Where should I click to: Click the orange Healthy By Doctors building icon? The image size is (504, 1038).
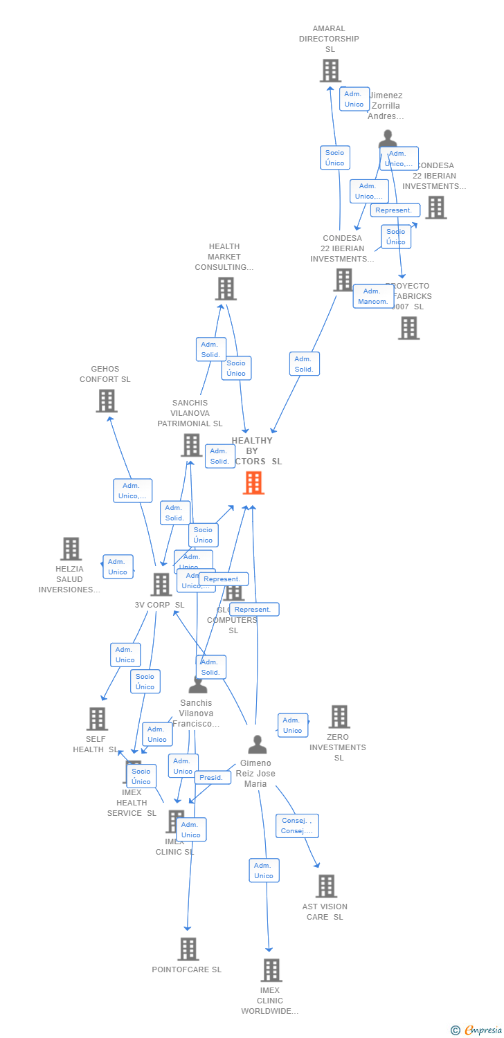pyautogui.click(x=253, y=482)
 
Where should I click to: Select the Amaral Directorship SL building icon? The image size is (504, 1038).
pyautogui.click(x=330, y=71)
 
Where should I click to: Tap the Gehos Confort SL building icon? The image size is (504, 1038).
pyautogui.click(x=107, y=401)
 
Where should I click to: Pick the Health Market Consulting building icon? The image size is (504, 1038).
pyautogui.click(x=226, y=289)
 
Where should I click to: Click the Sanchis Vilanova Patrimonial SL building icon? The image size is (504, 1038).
pyautogui.click(x=192, y=445)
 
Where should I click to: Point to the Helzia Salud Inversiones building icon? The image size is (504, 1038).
pyautogui.click(x=71, y=549)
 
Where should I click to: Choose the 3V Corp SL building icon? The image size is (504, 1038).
pyautogui.click(x=161, y=585)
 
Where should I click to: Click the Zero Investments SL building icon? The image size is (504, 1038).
pyautogui.click(x=339, y=717)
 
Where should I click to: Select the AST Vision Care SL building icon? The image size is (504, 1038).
pyautogui.click(x=326, y=886)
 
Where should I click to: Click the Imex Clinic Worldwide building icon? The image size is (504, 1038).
pyautogui.click(x=271, y=970)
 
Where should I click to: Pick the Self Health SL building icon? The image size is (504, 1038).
pyautogui.click(x=98, y=719)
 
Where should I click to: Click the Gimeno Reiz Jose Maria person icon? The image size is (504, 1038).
pyautogui.click(x=258, y=745)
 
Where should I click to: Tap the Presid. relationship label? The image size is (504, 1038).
pyautogui.click(x=211, y=777)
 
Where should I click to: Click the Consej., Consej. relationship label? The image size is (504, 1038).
pyautogui.click(x=297, y=826)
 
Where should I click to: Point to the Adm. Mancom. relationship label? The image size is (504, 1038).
pyautogui.click(x=373, y=296)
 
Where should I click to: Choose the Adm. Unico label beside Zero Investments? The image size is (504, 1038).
pyautogui.click(x=293, y=725)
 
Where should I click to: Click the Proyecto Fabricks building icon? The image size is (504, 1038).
pyautogui.click(x=409, y=328)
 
